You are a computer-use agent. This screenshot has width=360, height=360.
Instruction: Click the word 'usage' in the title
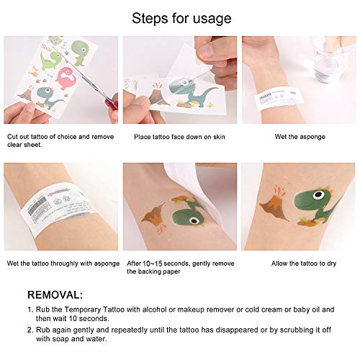pos(210,19)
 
